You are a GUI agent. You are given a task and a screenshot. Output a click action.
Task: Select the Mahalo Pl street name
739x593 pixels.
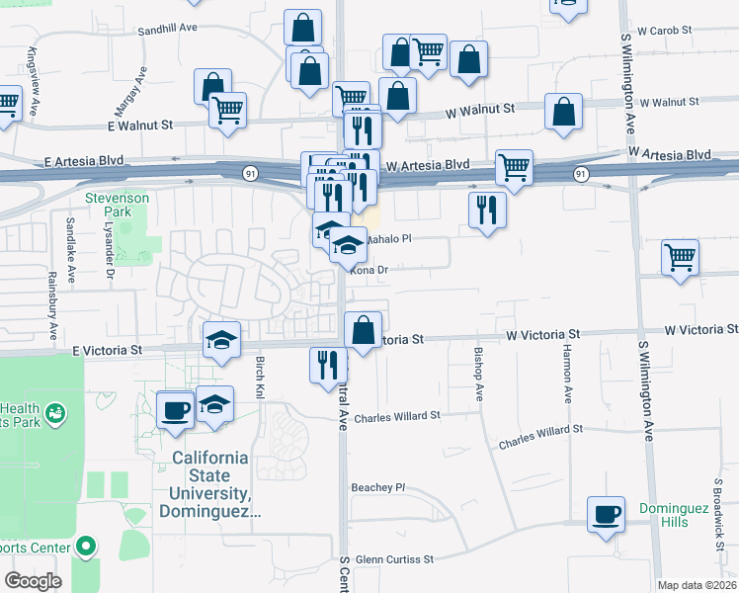388,239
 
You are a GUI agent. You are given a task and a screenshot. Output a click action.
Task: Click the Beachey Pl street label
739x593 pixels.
378,487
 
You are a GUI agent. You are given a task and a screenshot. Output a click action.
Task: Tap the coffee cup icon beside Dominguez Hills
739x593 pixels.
606,515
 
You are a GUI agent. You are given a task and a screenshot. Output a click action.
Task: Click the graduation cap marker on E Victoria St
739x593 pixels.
221,340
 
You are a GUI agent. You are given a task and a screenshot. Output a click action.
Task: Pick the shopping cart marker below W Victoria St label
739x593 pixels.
680,258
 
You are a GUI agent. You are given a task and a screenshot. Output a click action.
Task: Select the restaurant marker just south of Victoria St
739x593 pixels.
328,365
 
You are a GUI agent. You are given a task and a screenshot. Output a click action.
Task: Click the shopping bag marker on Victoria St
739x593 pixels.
364,329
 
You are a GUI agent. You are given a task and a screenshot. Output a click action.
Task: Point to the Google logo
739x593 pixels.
34,581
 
